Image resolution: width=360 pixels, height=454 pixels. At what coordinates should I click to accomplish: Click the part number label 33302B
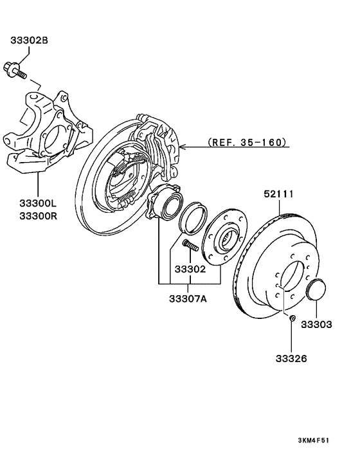pyautogui.click(x=29, y=41)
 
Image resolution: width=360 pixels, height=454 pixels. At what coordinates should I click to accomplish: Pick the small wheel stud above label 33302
pyautogui.click(x=188, y=246)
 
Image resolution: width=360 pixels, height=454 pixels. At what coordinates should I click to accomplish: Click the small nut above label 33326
pyautogui.click(x=292, y=319)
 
